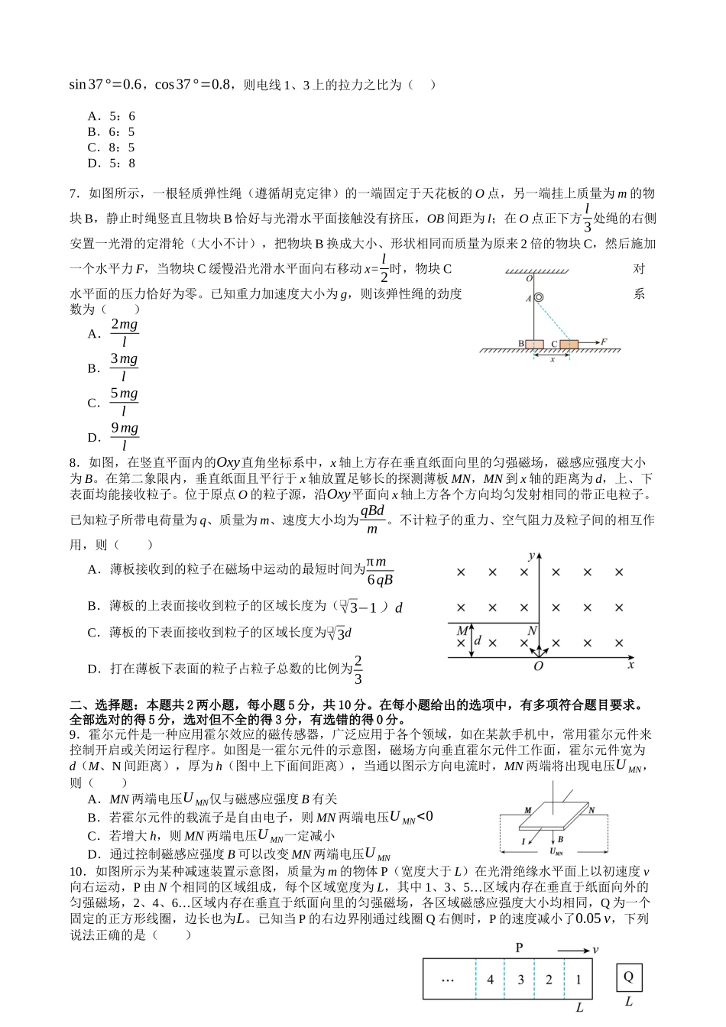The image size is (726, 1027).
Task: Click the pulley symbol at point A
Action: point(538,298)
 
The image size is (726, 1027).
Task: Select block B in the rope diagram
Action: point(533,345)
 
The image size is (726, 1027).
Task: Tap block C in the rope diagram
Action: point(569,345)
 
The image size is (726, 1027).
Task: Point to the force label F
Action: point(604,342)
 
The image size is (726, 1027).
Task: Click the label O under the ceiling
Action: point(529,280)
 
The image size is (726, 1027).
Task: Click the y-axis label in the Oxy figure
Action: point(530,555)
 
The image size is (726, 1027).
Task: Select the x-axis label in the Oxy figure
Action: point(630,666)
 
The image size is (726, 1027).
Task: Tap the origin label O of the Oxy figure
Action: point(538,666)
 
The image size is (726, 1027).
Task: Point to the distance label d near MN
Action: point(478,640)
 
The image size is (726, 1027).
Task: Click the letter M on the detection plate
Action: point(462,631)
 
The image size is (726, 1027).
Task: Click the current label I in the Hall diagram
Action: point(523,841)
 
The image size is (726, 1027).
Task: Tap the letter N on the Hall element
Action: point(591,809)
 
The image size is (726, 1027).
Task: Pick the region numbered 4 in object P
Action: point(490,980)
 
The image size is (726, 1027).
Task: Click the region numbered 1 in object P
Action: point(579,980)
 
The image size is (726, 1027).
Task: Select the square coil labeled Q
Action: point(629,977)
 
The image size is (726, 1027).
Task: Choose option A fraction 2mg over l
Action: point(124,333)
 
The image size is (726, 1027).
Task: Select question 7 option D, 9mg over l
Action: point(124,437)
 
